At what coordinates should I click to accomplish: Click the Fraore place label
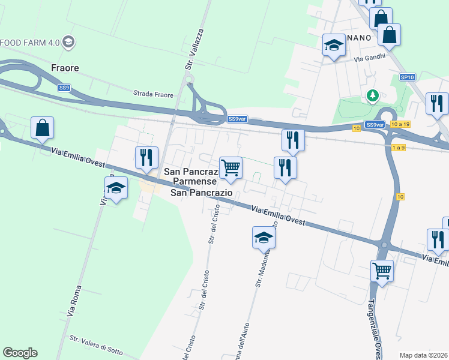click(65, 68)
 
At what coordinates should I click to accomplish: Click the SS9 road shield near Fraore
click(64, 88)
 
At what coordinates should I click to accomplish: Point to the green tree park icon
click(373, 95)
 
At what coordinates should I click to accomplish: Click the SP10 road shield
click(408, 77)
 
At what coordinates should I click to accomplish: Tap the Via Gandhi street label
click(367, 59)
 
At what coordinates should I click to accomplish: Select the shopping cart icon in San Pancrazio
click(231, 167)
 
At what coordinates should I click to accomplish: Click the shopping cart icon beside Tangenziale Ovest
click(381, 271)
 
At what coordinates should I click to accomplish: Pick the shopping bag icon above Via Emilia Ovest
click(43, 127)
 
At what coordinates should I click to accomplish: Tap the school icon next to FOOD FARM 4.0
click(68, 42)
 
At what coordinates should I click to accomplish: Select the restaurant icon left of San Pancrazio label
click(146, 157)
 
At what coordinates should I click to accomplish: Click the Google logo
click(20, 352)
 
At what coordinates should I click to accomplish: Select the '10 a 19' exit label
click(400, 124)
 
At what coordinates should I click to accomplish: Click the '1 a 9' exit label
click(399, 147)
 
